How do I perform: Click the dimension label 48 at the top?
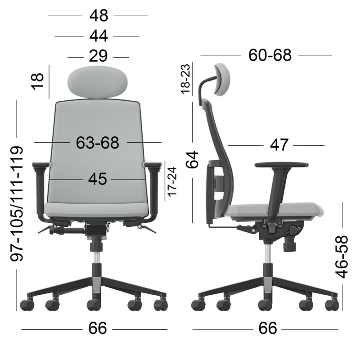(99, 16)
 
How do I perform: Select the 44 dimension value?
(99, 36)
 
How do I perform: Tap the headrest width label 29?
(98, 56)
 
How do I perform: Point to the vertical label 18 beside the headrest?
(37, 81)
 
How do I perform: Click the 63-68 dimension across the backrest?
(98, 143)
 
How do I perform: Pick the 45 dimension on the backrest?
(98, 179)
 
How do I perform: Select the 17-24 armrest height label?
(172, 182)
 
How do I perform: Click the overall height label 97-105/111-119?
(17, 204)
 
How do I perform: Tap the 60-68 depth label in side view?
(270, 55)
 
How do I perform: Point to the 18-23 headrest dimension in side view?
(185, 79)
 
